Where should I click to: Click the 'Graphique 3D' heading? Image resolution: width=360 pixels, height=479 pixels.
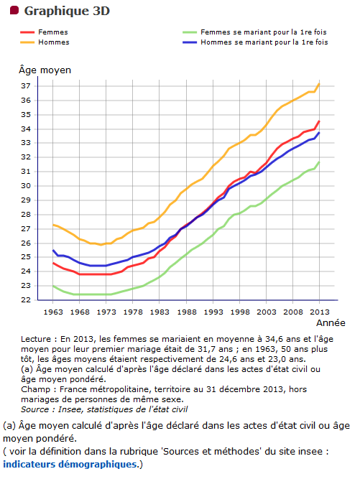67,11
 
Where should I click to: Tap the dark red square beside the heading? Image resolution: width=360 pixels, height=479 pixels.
14,10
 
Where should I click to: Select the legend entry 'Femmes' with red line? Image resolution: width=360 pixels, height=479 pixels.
44,32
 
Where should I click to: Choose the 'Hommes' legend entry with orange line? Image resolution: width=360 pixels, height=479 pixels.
45,42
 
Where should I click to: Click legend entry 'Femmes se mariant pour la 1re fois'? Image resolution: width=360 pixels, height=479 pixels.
254,32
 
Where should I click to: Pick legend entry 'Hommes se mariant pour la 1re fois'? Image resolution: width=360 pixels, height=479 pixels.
255,42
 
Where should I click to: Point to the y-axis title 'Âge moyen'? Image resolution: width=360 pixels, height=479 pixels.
45,70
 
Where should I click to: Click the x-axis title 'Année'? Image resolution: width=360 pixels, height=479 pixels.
331,323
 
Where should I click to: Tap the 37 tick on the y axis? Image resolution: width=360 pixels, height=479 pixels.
26,86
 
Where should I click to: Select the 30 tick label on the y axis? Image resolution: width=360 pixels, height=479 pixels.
26,186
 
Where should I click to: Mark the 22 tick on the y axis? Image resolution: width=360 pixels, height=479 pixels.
26,300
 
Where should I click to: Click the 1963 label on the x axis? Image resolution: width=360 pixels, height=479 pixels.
53,312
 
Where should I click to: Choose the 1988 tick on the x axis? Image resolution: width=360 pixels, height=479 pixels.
186,312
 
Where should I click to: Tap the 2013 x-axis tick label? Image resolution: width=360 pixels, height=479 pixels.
320,312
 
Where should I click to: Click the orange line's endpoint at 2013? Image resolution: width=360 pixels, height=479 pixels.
319,83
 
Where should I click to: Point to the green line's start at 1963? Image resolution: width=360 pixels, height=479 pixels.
53,286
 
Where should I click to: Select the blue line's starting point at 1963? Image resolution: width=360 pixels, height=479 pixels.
53,250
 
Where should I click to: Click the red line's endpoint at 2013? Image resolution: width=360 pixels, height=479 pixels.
319,121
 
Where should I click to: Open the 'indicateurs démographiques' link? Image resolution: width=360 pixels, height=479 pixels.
70,465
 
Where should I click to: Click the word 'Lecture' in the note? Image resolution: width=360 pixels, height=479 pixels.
36,339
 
